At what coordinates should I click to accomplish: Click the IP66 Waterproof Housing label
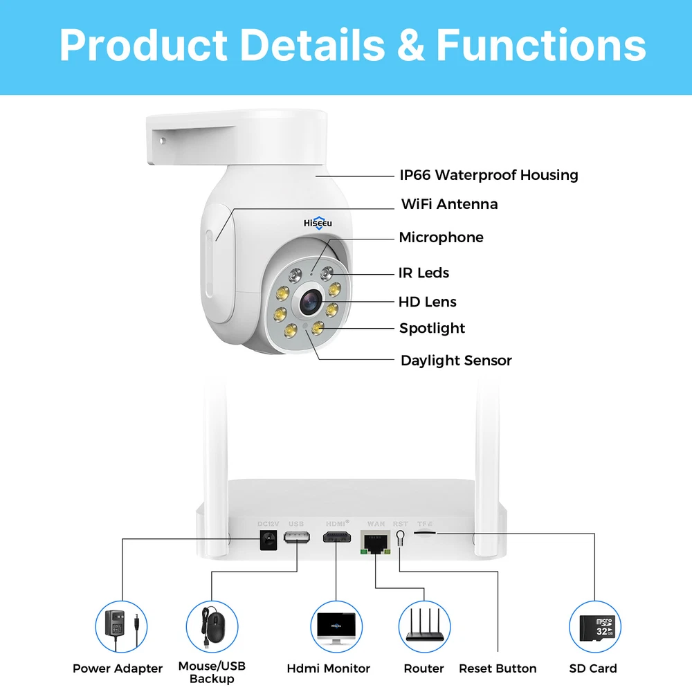pos(489,175)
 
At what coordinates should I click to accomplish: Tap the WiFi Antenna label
pos(449,204)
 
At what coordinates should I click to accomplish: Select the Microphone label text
pos(441,237)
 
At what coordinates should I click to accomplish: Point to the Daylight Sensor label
pos(456,361)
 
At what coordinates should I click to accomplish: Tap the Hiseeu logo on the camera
pos(318,224)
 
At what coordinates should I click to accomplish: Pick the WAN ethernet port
pos(376,543)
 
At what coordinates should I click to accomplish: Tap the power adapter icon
pos(121,627)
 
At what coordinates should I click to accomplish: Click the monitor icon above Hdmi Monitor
pos(336,627)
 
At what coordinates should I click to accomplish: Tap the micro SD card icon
pos(594,627)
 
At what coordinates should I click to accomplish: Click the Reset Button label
pos(498,668)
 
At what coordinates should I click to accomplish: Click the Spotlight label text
pos(432,328)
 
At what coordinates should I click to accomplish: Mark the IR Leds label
pos(424,273)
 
